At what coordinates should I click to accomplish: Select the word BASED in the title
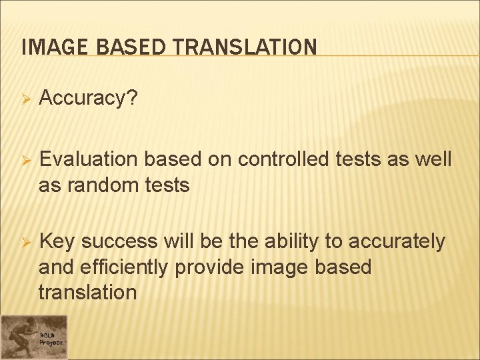click(121, 47)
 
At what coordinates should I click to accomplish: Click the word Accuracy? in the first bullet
click(89, 99)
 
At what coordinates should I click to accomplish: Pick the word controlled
click(287, 160)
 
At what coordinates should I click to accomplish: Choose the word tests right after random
click(167, 185)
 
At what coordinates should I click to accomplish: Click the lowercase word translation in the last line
click(87, 292)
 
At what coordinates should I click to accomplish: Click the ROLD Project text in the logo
click(51, 338)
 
